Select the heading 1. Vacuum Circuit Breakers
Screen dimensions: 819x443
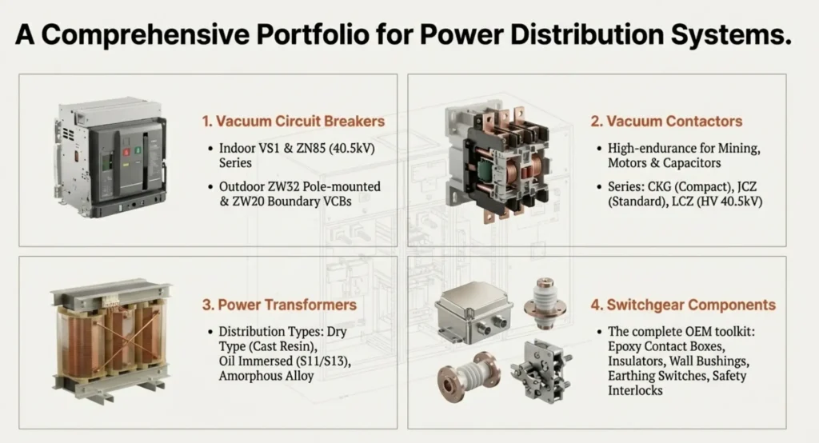(x=294, y=122)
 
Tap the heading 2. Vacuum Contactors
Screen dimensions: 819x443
(x=666, y=122)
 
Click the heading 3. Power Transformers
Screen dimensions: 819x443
(x=279, y=305)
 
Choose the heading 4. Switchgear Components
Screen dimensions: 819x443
(x=683, y=305)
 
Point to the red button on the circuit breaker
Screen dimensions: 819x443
(x=126, y=152)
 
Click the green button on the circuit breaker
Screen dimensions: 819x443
(x=138, y=150)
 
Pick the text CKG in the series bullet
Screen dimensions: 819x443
(x=660, y=186)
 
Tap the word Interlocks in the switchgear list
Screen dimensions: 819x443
(x=635, y=391)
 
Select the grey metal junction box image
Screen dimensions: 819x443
(x=473, y=313)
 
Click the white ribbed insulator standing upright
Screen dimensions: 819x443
(x=545, y=304)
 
